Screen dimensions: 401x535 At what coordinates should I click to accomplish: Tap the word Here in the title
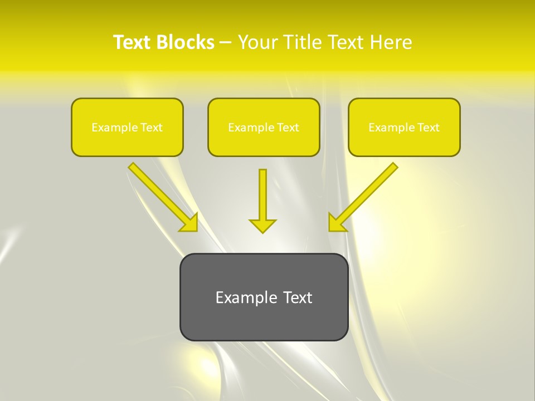(x=390, y=42)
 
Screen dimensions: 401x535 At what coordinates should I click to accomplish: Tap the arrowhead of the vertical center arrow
(x=262, y=226)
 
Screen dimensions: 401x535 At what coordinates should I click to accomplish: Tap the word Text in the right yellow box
(x=429, y=128)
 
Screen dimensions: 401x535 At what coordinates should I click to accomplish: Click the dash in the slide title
(x=226, y=42)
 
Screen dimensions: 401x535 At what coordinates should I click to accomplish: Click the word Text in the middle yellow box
(x=288, y=128)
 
